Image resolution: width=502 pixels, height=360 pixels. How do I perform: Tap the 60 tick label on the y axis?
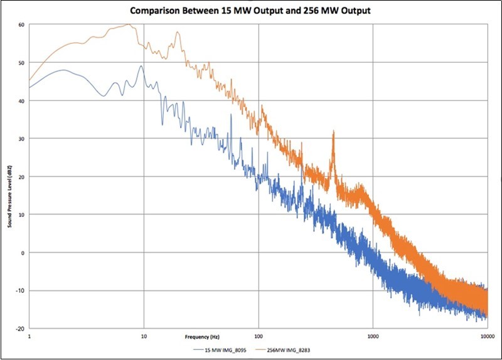pos(21,25)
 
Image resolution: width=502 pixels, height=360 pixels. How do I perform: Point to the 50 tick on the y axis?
pos(21,63)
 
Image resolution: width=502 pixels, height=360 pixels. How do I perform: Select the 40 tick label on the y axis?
pos(21,101)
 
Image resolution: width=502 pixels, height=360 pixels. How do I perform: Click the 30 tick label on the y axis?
pos(21,139)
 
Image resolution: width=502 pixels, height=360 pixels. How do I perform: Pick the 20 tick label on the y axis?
pos(21,177)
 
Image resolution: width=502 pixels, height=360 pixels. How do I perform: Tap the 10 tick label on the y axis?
pos(21,214)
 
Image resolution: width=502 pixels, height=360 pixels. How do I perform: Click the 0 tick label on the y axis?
pos(22,253)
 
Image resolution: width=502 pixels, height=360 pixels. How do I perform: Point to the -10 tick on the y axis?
pos(20,290)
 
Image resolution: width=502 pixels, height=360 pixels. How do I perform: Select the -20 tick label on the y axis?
pos(20,328)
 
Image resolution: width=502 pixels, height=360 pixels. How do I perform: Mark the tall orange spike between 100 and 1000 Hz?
pos(333,133)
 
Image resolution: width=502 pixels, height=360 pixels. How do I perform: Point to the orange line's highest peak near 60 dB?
pos(129,24)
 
